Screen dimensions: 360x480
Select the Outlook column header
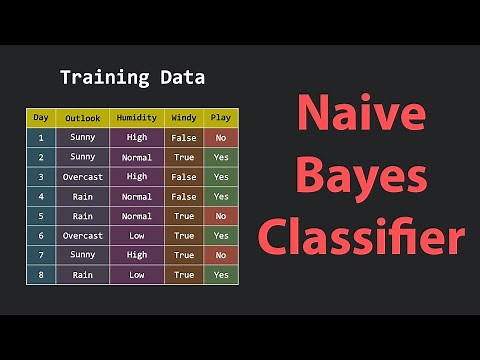click(83, 118)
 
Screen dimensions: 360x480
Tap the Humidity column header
click(137, 118)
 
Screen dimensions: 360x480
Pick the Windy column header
click(184, 118)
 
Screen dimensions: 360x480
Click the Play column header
click(221, 118)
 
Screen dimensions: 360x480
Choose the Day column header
click(41, 118)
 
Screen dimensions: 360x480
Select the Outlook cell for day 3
click(83, 177)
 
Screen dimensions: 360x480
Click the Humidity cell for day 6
click(137, 236)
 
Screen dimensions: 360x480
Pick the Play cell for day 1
click(221, 138)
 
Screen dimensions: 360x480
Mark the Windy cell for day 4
click(184, 197)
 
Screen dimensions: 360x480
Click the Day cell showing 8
click(41, 275)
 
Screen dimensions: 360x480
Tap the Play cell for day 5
click(221, 216)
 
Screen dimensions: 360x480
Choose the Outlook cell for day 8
click(83, 275)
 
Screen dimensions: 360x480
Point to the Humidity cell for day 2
click(137, 158)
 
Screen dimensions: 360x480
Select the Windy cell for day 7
click(184, 255)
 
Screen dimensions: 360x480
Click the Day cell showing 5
click(41, 216)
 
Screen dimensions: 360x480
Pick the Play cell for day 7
click(221, 255)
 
